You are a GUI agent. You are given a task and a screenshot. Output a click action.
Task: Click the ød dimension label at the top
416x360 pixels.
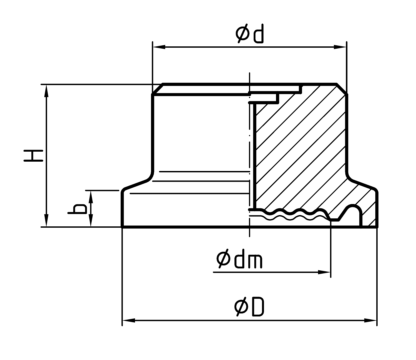click(x=249, y=35)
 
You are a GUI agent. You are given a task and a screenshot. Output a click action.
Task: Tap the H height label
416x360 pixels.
click(x=33, y=156)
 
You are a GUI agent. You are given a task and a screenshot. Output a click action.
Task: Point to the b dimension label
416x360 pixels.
click(x=77, y=209)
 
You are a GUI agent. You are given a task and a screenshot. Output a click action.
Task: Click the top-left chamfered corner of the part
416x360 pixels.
click(x=157, y=89)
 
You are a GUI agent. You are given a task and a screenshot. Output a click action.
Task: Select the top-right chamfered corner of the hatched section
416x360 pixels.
click(x=342, y=89)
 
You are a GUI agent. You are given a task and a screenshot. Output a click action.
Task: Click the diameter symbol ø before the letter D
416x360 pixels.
click(x=241, y=307)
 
